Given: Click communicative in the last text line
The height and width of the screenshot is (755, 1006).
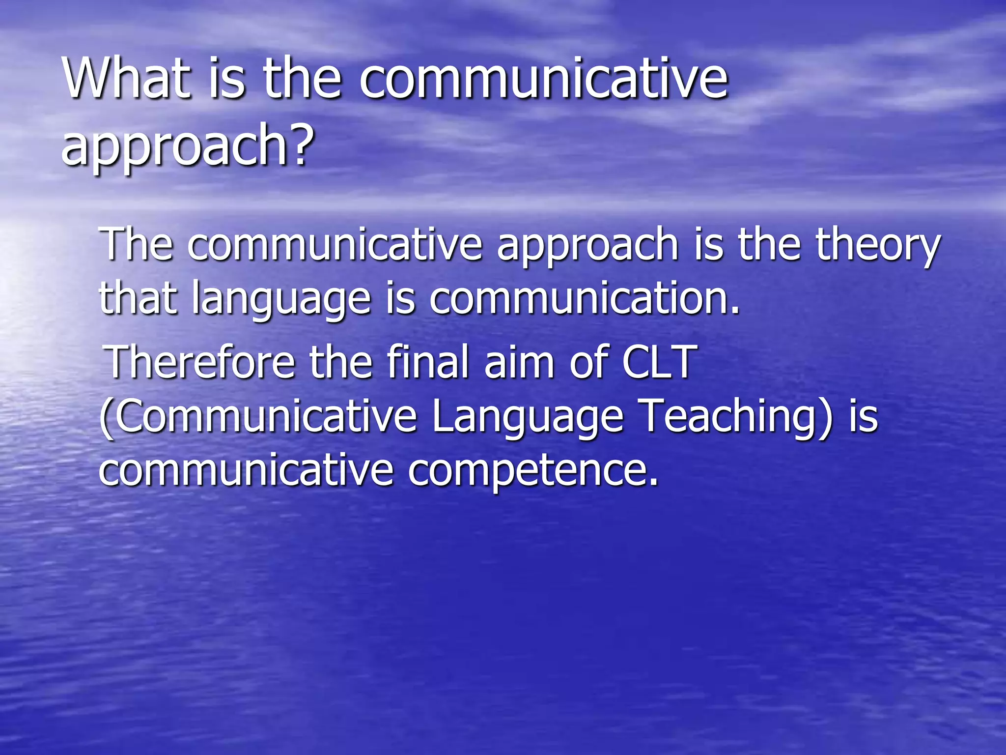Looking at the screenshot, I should pos(246,470).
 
